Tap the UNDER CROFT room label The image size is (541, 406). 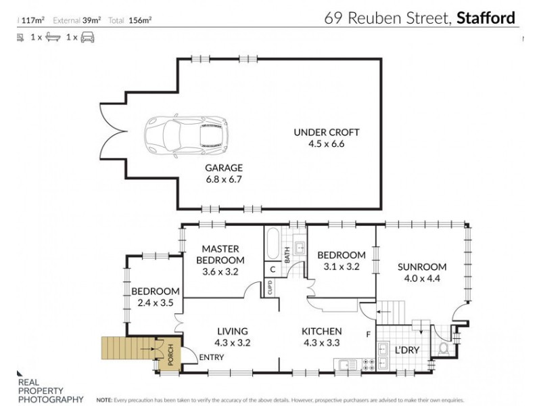(x=326, y=137)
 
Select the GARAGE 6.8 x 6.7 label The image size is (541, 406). (x=224, y=173)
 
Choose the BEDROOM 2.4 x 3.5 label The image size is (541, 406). (x=156, y=297)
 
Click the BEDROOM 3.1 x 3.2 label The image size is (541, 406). (x=341, y=261)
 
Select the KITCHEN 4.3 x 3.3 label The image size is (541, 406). (x=321, y=337)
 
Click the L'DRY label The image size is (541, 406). (x=407, y=351)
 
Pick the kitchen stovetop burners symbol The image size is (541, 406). (x=370, y=364)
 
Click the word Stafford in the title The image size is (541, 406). (x=486, y=18)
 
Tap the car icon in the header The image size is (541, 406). (x=88, y=37)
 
